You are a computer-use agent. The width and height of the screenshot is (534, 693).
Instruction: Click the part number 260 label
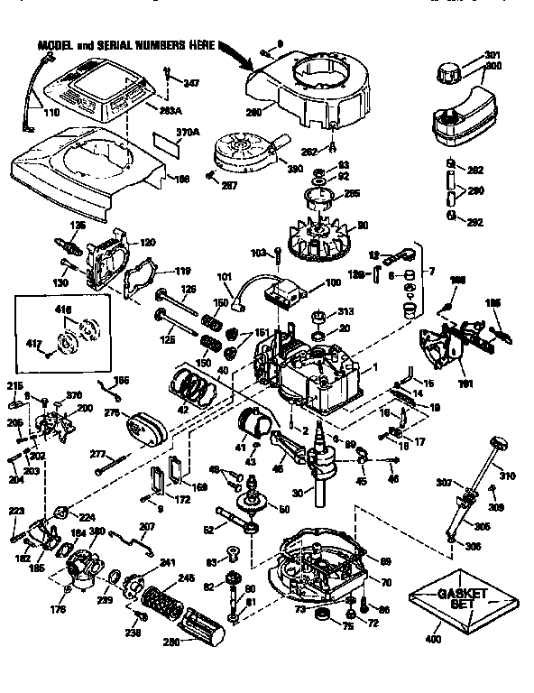click(x=255, y=112)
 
